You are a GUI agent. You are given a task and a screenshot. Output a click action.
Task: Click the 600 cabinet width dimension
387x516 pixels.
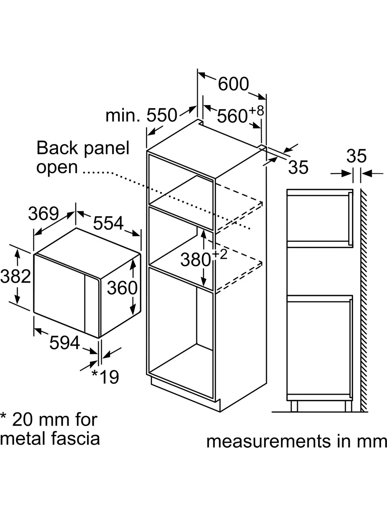click(x=233, y=84)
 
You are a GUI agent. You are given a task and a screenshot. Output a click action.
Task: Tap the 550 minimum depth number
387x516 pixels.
click(x=162, y=115)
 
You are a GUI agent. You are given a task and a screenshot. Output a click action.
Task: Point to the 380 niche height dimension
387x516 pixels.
click(x=196, y=260)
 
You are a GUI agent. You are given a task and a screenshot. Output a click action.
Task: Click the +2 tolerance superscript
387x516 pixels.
click(x=219, y=255)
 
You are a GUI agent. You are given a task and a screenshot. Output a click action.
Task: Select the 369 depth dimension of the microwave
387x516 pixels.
click(x=44, y=213)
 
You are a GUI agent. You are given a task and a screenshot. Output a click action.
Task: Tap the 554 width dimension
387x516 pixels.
click(x=108, y=223)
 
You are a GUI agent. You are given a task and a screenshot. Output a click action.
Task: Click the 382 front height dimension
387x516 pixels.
click(x=15, y=276)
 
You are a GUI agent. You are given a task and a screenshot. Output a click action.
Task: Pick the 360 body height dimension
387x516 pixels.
click(x=122, y=288)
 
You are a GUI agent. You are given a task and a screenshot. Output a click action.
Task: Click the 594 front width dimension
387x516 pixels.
click(x=64, y=343)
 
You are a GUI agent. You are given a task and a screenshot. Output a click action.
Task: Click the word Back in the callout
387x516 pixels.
click(x=57, y=148)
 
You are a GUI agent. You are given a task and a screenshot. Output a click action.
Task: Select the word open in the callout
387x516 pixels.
click(x=57, y=168)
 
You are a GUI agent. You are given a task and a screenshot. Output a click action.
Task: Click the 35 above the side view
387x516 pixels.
click(x=356, y=156)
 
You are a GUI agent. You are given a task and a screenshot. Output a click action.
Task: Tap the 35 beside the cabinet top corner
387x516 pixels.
click(x=298, y=167)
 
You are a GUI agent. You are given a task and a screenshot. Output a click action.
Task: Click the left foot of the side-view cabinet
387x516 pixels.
click(x=294, y=406)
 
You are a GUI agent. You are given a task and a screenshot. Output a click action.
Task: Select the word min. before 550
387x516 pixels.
click(x=123, y=115)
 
